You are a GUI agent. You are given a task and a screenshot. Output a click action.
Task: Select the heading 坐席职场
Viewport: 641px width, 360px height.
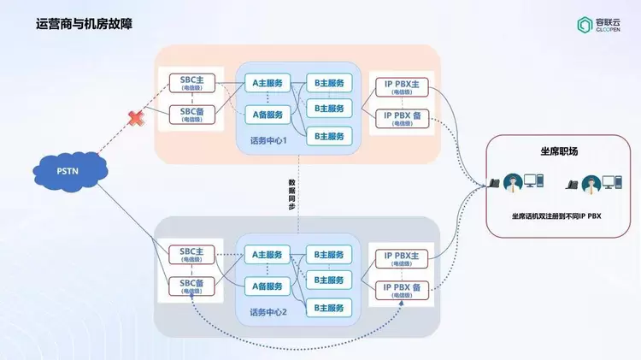pos(560,151)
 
